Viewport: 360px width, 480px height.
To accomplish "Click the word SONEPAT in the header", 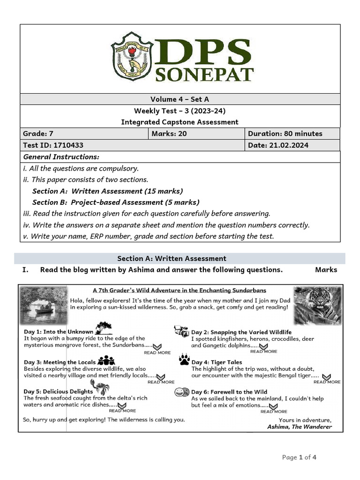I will (x=207, y=75).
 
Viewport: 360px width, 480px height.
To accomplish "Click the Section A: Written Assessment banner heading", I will (x=172, y=258).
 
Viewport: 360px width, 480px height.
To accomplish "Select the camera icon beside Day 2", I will (x=181, y=331).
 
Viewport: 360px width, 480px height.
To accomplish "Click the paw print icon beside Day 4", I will (x=184, y=360).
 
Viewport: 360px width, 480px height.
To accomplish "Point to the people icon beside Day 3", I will (x=106, y=360).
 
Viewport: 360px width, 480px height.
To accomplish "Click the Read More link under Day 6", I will (x=274, y=409).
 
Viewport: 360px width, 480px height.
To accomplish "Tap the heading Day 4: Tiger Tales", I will (x=217, y=362).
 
